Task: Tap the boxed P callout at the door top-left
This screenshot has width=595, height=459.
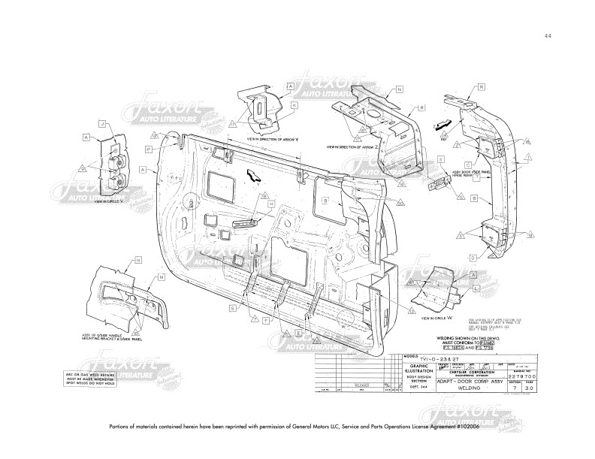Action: pyautogui.click(x=150, y=149)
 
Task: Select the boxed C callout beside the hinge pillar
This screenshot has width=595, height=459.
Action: pyautogui.click(x=467, y=165)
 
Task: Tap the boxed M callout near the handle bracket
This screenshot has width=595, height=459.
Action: pyautogui.click(x=162, y=276)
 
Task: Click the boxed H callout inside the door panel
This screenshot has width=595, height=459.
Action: pyautogui.click(x=266, y=196)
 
